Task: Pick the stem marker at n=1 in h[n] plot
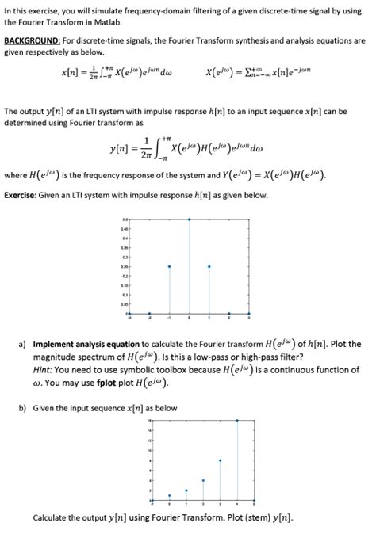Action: coord(208,265)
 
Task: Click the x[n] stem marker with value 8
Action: coord(220,460)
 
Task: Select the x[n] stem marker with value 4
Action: coord(203,480)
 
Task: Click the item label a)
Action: coord(21,344)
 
